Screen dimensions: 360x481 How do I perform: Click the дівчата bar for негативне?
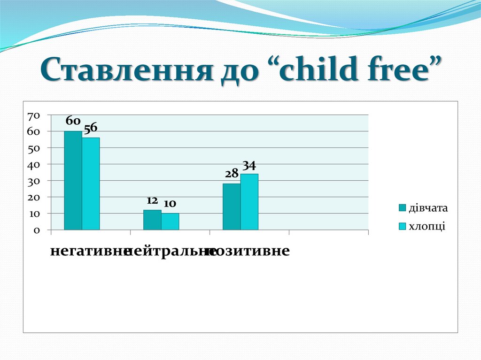pyautogui.click(x=73, y=181)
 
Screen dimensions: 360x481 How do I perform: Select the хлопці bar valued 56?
pyautogui.click(x=91, y=184)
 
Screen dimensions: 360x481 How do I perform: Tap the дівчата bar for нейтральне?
pyautogui.click(x=152, y=220)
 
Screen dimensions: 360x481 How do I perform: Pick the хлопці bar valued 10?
pyautogui.click(x=170, y=222)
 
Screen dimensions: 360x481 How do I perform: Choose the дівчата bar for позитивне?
pyautogui.click(x=232, y=207)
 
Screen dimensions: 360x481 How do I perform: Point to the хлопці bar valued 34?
pyautogui.click(x=249, y=202)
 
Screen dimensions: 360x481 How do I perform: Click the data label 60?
pyautogui.click(x=73, y=121)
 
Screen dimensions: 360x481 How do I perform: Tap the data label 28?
pyautogui.click(x=232, y=174)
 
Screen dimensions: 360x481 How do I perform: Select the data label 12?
pyautogui.click(x=152, y=200)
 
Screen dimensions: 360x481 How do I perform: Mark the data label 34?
pyautogui.click(x=249, y=165)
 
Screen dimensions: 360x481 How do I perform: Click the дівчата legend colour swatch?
pyautogui.click(x=402, y=208)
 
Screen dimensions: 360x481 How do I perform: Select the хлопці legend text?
pyautogui.click(x=427, y=227)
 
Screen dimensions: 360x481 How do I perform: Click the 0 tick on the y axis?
pyautogui.click(x=36, y=230)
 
